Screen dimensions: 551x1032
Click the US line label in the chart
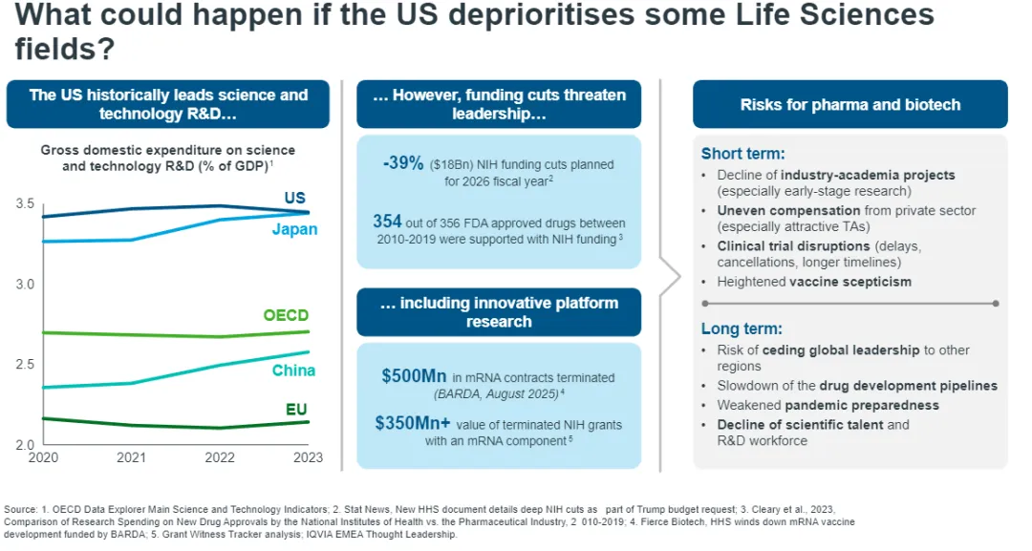pyautogui.click(x=295, y=198)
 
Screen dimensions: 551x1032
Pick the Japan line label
pyautogui.click(x=294, y=229)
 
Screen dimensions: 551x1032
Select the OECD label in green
pyautogui.click(x=286, y=315)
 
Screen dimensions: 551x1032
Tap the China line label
pyautogui.click(x=293, y=371)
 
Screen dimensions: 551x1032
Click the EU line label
pyautogui.click(x=296, y=410)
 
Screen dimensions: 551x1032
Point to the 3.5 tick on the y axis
pyautogui.click(x=26, y=204)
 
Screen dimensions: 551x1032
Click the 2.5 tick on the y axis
pyautogui.click(x=26, y=365)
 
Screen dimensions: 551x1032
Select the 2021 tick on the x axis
pyautogui.click(x=131, y=457)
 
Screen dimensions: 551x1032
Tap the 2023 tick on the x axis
pyautogui.click(x=309, y=457)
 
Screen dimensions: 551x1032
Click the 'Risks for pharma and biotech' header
pyautogui.click(x=849, y=104)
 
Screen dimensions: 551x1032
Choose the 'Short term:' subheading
pyautogui.click(x=742, y=154)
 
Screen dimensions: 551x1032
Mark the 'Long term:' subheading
pyautogui.click(x=742, y=328)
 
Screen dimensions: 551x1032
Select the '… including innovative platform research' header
pyautogui.click(x=499, y=312)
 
